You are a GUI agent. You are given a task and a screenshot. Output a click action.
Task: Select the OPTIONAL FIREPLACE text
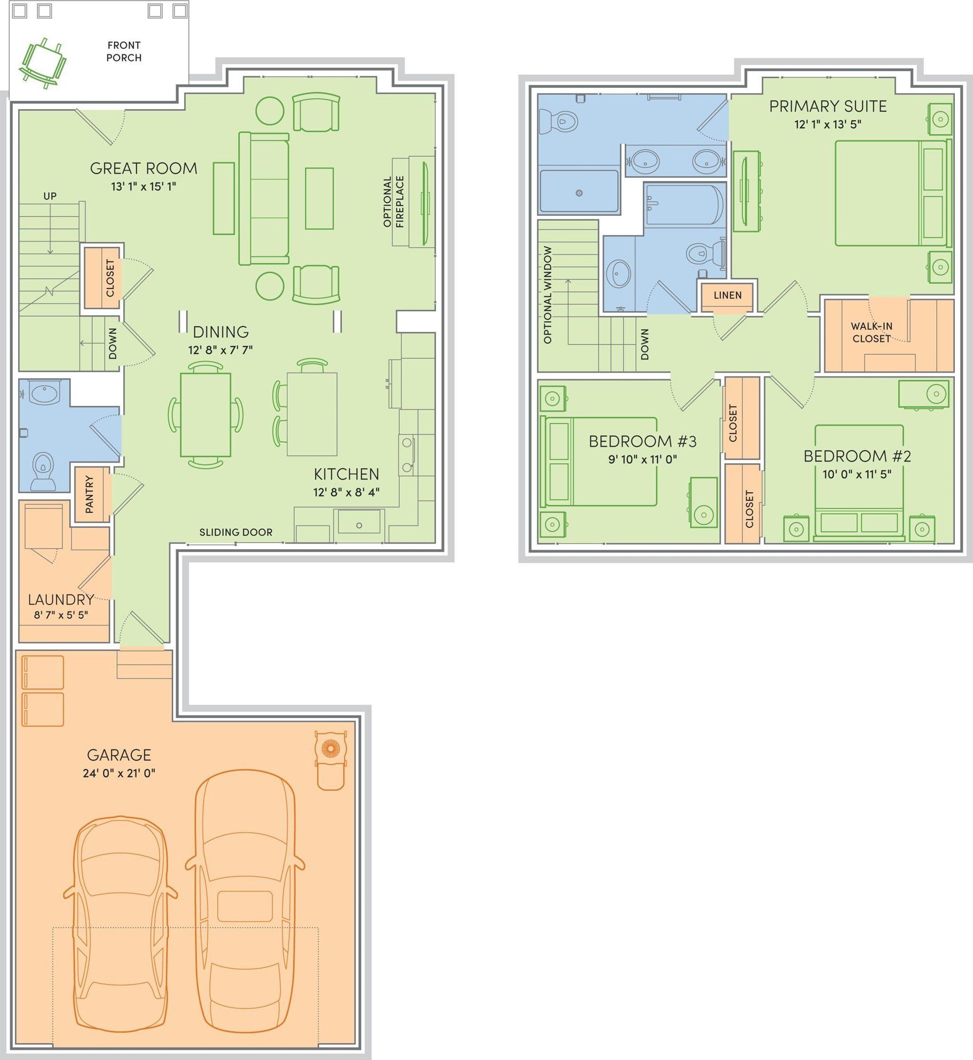coord(394,202)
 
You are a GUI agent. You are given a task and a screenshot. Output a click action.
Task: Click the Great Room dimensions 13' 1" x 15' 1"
coord(143,186)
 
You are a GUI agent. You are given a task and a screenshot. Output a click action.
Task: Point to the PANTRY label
coord(89,495)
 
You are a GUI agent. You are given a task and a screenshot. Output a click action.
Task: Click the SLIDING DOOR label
coord(236,532)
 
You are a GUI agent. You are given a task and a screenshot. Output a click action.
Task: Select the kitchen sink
coord(359,522)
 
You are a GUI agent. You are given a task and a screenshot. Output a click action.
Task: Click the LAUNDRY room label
coord(61,599)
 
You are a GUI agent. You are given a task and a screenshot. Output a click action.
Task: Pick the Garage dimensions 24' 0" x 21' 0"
coord(119,773)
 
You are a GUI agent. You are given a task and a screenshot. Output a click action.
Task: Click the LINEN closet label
coord(727,295)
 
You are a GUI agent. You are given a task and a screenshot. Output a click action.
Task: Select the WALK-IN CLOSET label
coord(871,332)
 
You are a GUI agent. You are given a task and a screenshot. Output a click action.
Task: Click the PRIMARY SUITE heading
coord(827,107)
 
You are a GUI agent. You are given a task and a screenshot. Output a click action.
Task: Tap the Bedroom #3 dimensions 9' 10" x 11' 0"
coord(642,459)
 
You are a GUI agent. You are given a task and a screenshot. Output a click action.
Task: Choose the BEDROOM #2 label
coord(856,456)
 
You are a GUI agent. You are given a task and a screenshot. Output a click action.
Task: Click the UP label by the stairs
coord(50,196)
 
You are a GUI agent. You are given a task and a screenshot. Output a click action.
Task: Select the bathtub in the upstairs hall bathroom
coord(684,205)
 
